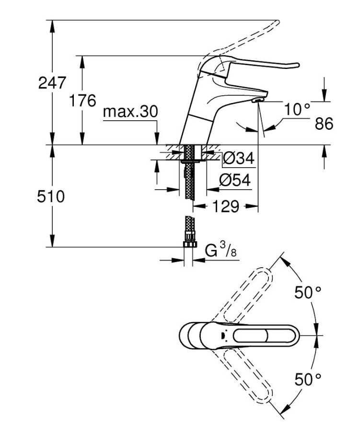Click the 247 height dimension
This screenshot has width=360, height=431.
(52, 83)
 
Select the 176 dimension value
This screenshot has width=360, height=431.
(82, 101)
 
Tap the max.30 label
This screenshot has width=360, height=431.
(130, 112)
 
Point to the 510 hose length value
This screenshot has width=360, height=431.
(51, 197)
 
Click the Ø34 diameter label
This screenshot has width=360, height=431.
(239, 159)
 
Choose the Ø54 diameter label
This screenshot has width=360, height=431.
(235, 181)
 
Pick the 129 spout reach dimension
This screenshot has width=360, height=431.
(225, 206)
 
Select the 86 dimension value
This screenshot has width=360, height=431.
(324, 124)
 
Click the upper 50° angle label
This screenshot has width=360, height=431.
(308, 292)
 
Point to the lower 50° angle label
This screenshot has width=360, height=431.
(308, 380)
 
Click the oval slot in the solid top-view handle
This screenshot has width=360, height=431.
(250, 336)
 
